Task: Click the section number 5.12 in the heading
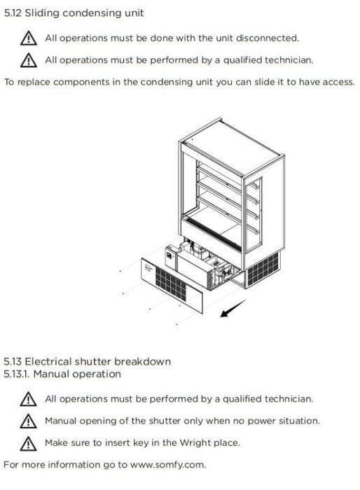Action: pyautogui.click(x=13, y=13)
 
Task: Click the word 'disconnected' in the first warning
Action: pyautogui.click(x=267, y=38)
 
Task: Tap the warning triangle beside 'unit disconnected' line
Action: pyautogui.click(x=29, y=38)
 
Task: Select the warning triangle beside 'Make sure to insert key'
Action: pyautogui.click(x=28, y=443)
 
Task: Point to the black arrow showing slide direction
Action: pyautogui.click(x=233, y=308)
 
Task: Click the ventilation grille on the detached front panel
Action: pyautogui.click(x=171, y=284)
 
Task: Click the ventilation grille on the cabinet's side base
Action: pyautogui.click(x=263, y=269)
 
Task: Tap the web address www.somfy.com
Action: pyautogui.click(x=167, y=465)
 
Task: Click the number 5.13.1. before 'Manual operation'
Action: pyautogui.click(x=17, y=374)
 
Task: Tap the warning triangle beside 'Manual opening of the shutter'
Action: pyautogui.click(x=28, y=421)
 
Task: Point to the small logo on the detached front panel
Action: pyautogui.click(x=148, y=268)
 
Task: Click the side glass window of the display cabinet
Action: pyautogui.click(x=253, y=216)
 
